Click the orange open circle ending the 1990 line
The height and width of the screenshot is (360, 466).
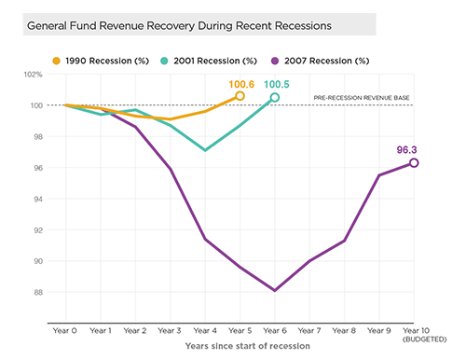pyautogui.click(x=240, y=96)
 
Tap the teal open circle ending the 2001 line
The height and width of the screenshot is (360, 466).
pyautogui.click(x=274, y=97)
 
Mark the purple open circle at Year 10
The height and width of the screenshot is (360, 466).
pyautogui.click(x=414, y=162)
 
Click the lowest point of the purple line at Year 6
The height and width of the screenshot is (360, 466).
pyautogui.click(x=274, y=290)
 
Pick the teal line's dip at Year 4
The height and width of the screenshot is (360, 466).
pyautogui.click(x=205, y=150)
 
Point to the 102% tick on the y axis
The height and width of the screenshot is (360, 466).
pyautogui.click(x=34, y=75)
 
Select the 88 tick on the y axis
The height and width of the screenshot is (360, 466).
pyautogui.click(x=38, y=292)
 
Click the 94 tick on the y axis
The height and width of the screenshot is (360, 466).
pyautogui.click(x=38, y=199)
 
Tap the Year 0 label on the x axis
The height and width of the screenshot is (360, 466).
pyautogui.click(x=65, y=330)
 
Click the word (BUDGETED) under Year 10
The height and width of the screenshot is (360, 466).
pyautogui.click(x=414, y=339)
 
